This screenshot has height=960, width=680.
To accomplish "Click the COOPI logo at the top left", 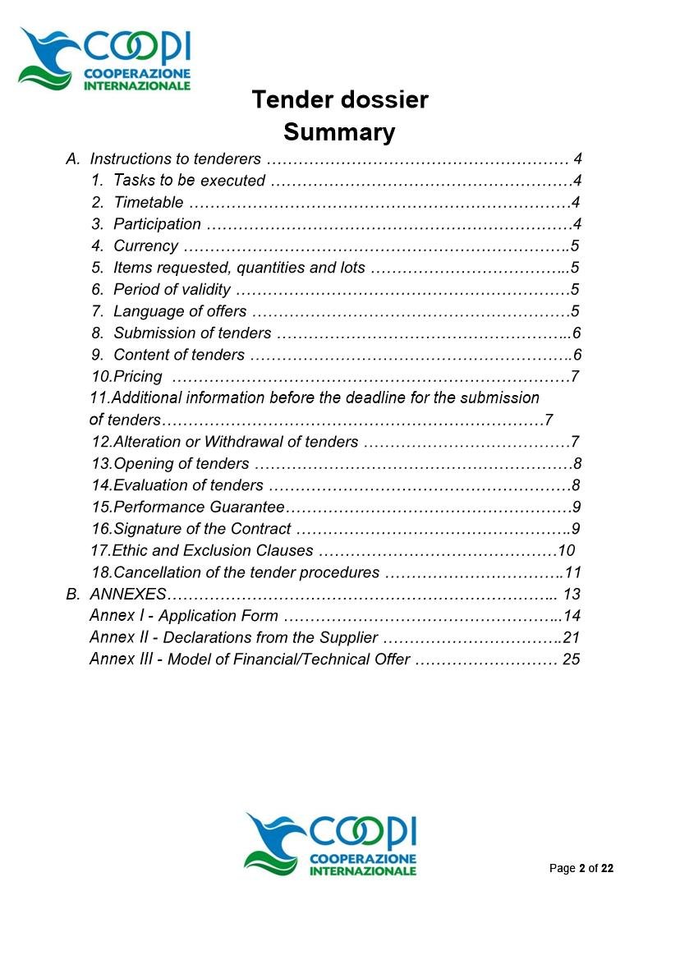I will point(104,58).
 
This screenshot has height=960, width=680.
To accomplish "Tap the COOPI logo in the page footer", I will point(330,844).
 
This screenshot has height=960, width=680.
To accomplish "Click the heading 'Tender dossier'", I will point(340,100).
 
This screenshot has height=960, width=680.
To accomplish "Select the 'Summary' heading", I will point(339,132).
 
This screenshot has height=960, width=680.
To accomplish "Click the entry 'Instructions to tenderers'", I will point(175,158).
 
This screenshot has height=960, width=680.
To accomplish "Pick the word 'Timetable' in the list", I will point(149,202).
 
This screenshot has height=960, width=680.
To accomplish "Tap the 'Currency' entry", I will point(145,246).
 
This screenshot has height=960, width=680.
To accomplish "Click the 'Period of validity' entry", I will point(172,289).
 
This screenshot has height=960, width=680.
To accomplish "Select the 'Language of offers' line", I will point(180,311).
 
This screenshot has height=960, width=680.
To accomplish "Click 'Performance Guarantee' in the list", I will point(199,507).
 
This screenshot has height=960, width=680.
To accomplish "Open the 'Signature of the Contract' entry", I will point(202,529).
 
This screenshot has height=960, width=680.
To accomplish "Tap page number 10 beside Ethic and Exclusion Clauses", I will point(566,550).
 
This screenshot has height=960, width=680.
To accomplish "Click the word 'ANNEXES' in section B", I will point(128,594).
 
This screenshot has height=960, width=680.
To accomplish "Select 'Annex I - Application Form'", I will point(184,616).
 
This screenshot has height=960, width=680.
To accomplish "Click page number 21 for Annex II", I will point(572,637).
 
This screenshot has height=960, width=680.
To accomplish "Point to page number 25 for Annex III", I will point(572,659).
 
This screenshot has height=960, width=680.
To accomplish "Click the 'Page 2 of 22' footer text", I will point(581,869).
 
